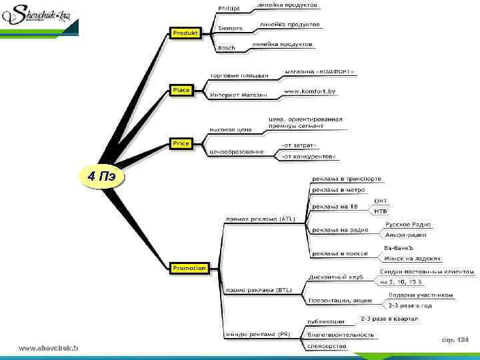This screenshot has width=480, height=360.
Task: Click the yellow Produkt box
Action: coord(186,33)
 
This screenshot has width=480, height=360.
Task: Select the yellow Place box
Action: coord(181,90)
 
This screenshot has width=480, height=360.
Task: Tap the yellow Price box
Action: coord(181,143)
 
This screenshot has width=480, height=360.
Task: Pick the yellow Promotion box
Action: coord(189,268)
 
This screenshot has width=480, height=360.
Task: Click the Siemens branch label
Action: coord(231,29)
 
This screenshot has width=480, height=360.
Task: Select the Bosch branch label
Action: coord(227,48)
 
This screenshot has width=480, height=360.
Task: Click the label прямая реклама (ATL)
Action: coord(260,218)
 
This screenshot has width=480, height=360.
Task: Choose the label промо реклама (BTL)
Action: coord(259,290)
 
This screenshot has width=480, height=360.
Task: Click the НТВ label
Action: coord(381,211)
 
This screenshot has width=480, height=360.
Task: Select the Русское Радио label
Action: coord(408,225)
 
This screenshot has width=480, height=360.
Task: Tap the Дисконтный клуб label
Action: coord(335,277)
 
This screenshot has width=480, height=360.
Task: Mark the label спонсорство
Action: coord(327,346)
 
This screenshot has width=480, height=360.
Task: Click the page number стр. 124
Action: coord(455,340)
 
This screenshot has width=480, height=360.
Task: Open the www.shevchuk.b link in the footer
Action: coord(48,349)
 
